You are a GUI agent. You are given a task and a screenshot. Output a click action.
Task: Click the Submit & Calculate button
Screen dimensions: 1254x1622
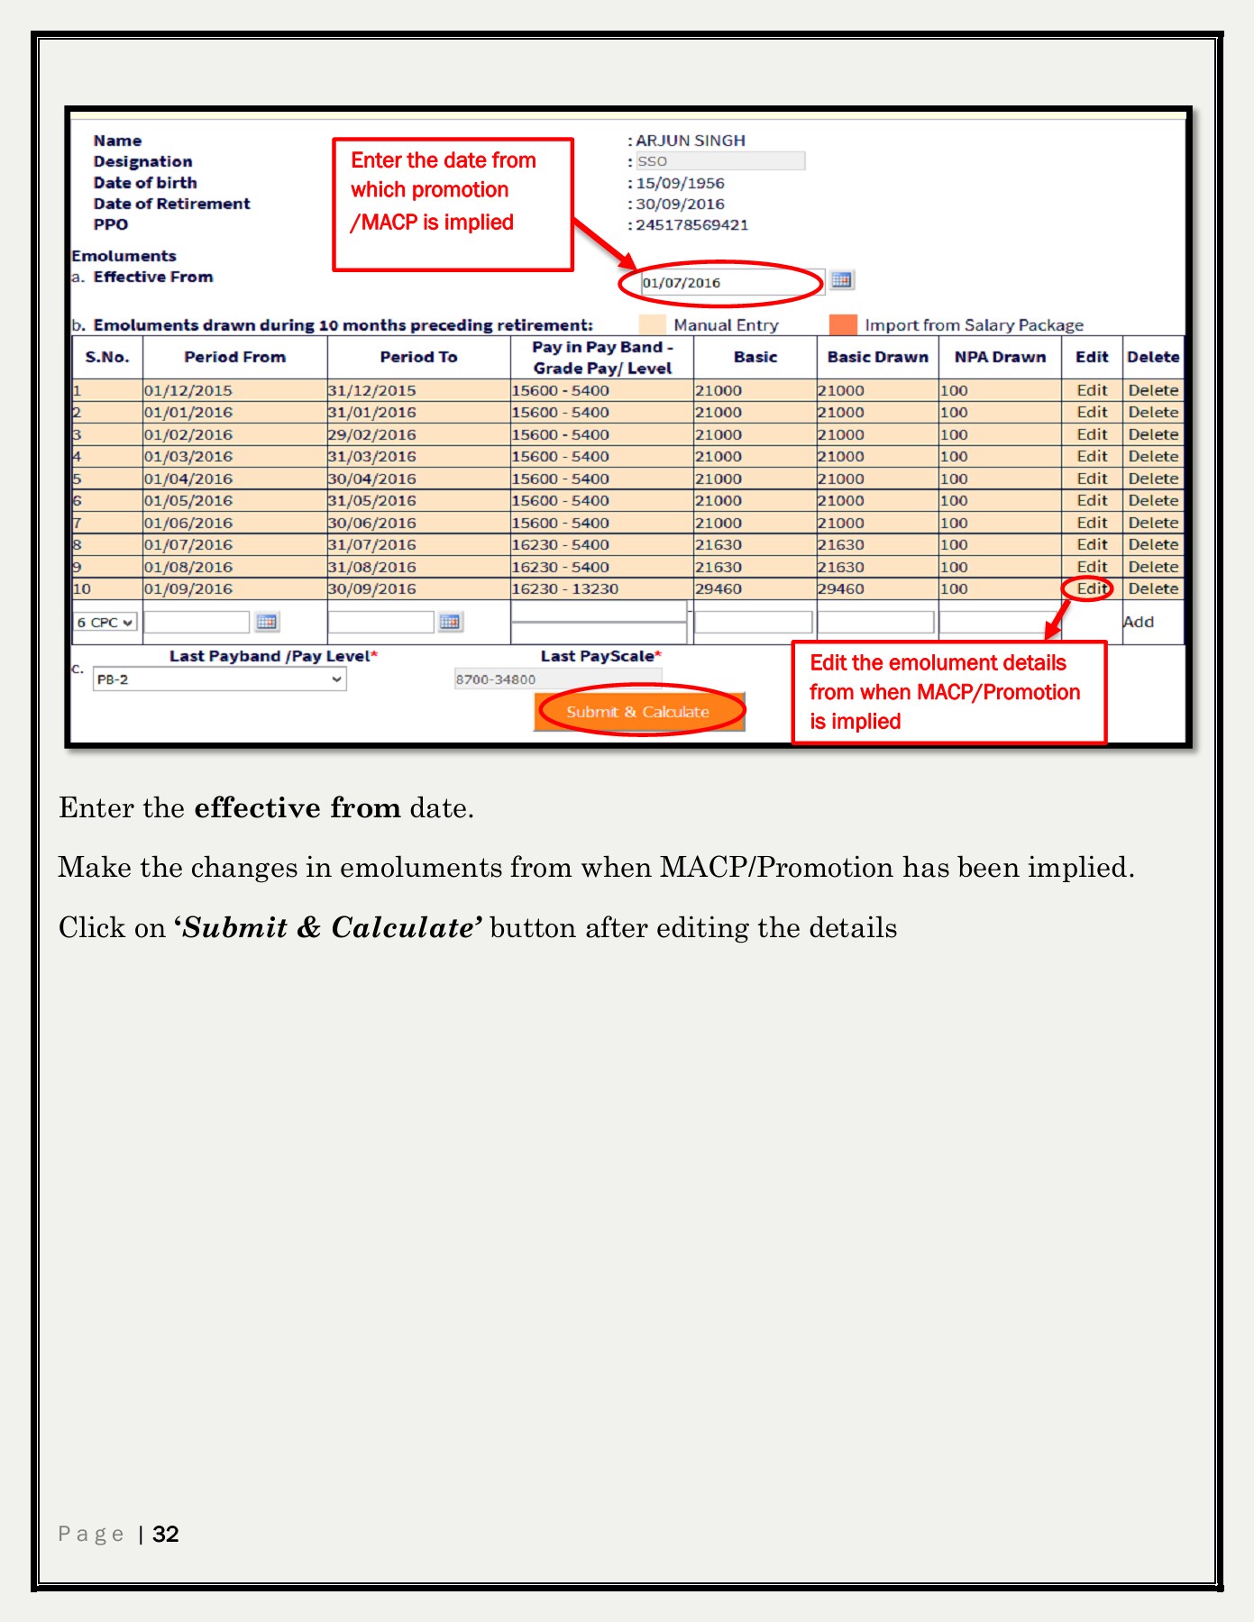(639, 711)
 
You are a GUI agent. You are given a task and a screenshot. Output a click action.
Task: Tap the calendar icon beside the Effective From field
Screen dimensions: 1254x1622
(841, 280)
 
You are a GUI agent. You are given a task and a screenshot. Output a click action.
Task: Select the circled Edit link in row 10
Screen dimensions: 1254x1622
(1092, 588)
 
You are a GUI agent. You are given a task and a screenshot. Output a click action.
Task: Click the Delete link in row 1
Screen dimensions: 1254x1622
(1153, 390)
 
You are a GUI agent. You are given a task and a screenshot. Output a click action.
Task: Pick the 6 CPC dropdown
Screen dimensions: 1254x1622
(105, 622)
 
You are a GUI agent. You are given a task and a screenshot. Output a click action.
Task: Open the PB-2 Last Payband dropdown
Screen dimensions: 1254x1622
(219, 679)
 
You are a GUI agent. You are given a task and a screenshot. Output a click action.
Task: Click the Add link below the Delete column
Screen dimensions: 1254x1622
(1139, 622)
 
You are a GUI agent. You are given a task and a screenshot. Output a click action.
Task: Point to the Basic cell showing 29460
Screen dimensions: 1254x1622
(719, 588)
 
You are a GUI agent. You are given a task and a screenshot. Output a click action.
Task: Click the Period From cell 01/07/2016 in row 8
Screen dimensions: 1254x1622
(188, 544)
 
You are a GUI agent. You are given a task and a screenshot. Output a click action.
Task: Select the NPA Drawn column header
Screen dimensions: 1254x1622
(1000, 357)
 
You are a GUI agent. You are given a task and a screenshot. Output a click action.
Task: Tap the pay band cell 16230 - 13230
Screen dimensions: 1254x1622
(565, 588)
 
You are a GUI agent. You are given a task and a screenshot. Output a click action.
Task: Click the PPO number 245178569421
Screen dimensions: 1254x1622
(692, 224)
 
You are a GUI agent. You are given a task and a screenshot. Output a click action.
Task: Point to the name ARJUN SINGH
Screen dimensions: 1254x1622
(691, 141)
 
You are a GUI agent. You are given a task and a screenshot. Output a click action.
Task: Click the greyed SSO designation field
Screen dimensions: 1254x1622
(720, 161)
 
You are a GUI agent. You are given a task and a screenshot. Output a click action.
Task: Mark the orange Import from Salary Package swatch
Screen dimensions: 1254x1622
(843, 324)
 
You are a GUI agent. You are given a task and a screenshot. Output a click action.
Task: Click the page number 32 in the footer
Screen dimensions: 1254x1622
(166, 1534)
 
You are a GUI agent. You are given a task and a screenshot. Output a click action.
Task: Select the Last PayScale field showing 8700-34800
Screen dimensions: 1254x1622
(557, 679)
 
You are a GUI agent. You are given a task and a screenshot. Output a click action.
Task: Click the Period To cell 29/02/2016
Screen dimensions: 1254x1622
(372, 434)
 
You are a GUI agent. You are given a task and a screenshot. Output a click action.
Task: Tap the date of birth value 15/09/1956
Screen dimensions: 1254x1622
(681, 183)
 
